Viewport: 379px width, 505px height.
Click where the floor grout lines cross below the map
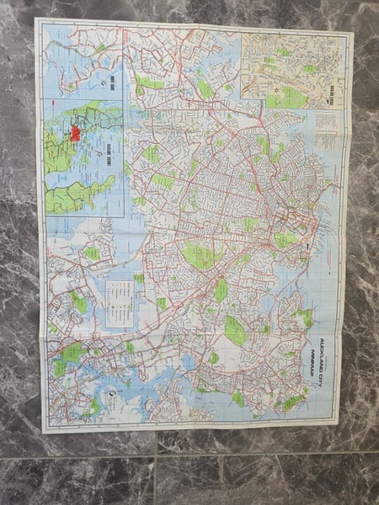click(x=156, y=455)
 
